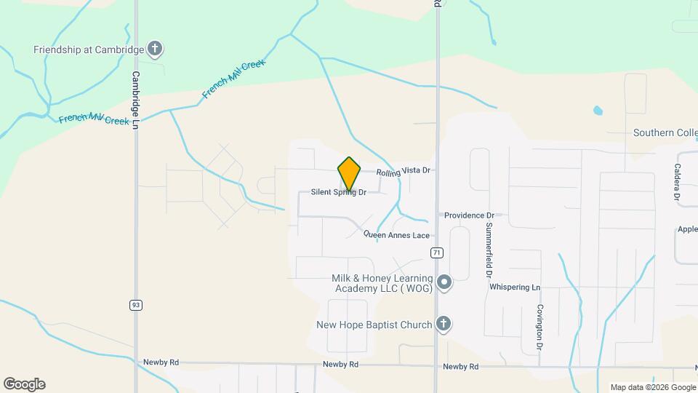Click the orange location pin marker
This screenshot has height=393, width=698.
coord(349,173)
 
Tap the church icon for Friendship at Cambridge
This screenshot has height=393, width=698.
coord(154,49)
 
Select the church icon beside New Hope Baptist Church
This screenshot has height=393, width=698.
coord(444,325)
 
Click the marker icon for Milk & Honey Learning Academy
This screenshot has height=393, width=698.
coord(444,282)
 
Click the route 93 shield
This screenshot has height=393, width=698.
coord(136,304)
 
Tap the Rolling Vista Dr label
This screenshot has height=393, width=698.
coord(404,171)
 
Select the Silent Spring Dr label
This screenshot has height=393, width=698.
coord(338,192)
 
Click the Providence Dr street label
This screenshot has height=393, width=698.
coord(469,215)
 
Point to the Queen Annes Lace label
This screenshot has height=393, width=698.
coord(397,235)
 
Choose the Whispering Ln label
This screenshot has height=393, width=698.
coord(515,287)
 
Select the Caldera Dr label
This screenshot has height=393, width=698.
coord(676,181)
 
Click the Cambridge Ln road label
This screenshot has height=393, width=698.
coord(135,100)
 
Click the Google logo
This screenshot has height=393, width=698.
coord(24,384)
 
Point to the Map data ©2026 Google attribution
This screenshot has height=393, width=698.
coord(652,387)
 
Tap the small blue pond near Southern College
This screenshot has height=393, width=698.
coord(598,111)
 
